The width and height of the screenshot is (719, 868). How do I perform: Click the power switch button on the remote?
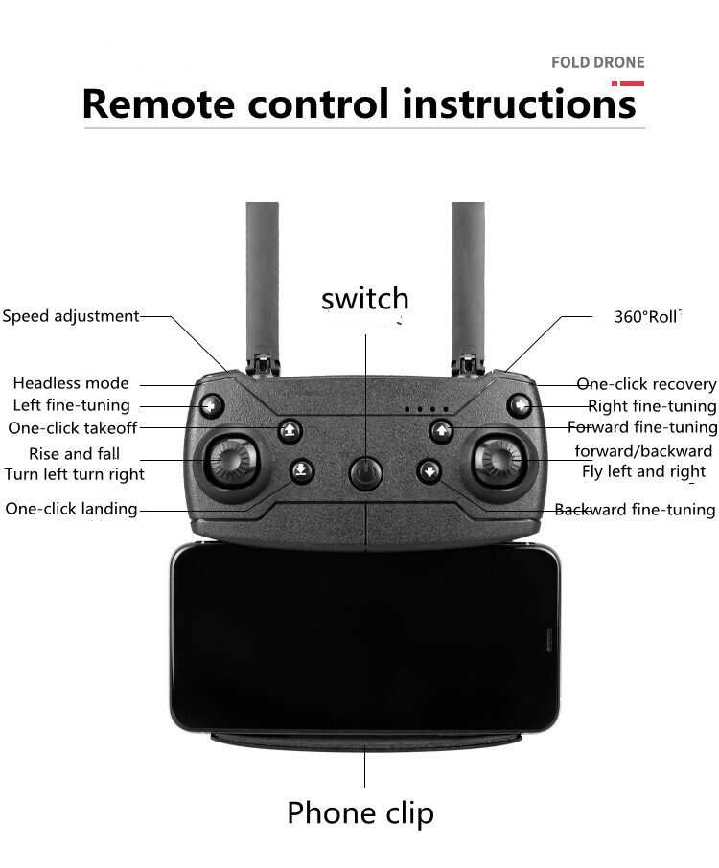tap(365, 473)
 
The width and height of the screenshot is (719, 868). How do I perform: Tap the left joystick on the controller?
tap(232, 460)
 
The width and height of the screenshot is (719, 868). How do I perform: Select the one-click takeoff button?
tap(290, 430)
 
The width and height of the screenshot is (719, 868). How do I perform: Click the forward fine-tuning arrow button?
tap(442, 430)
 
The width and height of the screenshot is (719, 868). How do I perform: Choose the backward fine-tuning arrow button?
tap(429, 471)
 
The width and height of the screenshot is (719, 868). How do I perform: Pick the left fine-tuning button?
tap(211, 406)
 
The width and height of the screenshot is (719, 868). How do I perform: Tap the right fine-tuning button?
tap(520, 405)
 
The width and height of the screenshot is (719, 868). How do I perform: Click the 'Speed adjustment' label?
tap(70, 316)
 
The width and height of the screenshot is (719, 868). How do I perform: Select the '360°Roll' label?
tap(646, 317)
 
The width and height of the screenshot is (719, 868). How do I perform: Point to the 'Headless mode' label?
tap(71, 383)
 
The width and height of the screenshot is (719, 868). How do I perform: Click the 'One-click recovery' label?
tap(646, 384)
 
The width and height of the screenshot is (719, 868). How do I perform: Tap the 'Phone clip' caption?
tap(360, 813)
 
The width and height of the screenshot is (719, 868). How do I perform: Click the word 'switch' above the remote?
tap(365, 298)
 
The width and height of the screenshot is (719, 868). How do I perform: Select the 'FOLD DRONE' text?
tap(597, 62)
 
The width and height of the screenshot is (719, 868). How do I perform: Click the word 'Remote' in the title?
tap(158, 103)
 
